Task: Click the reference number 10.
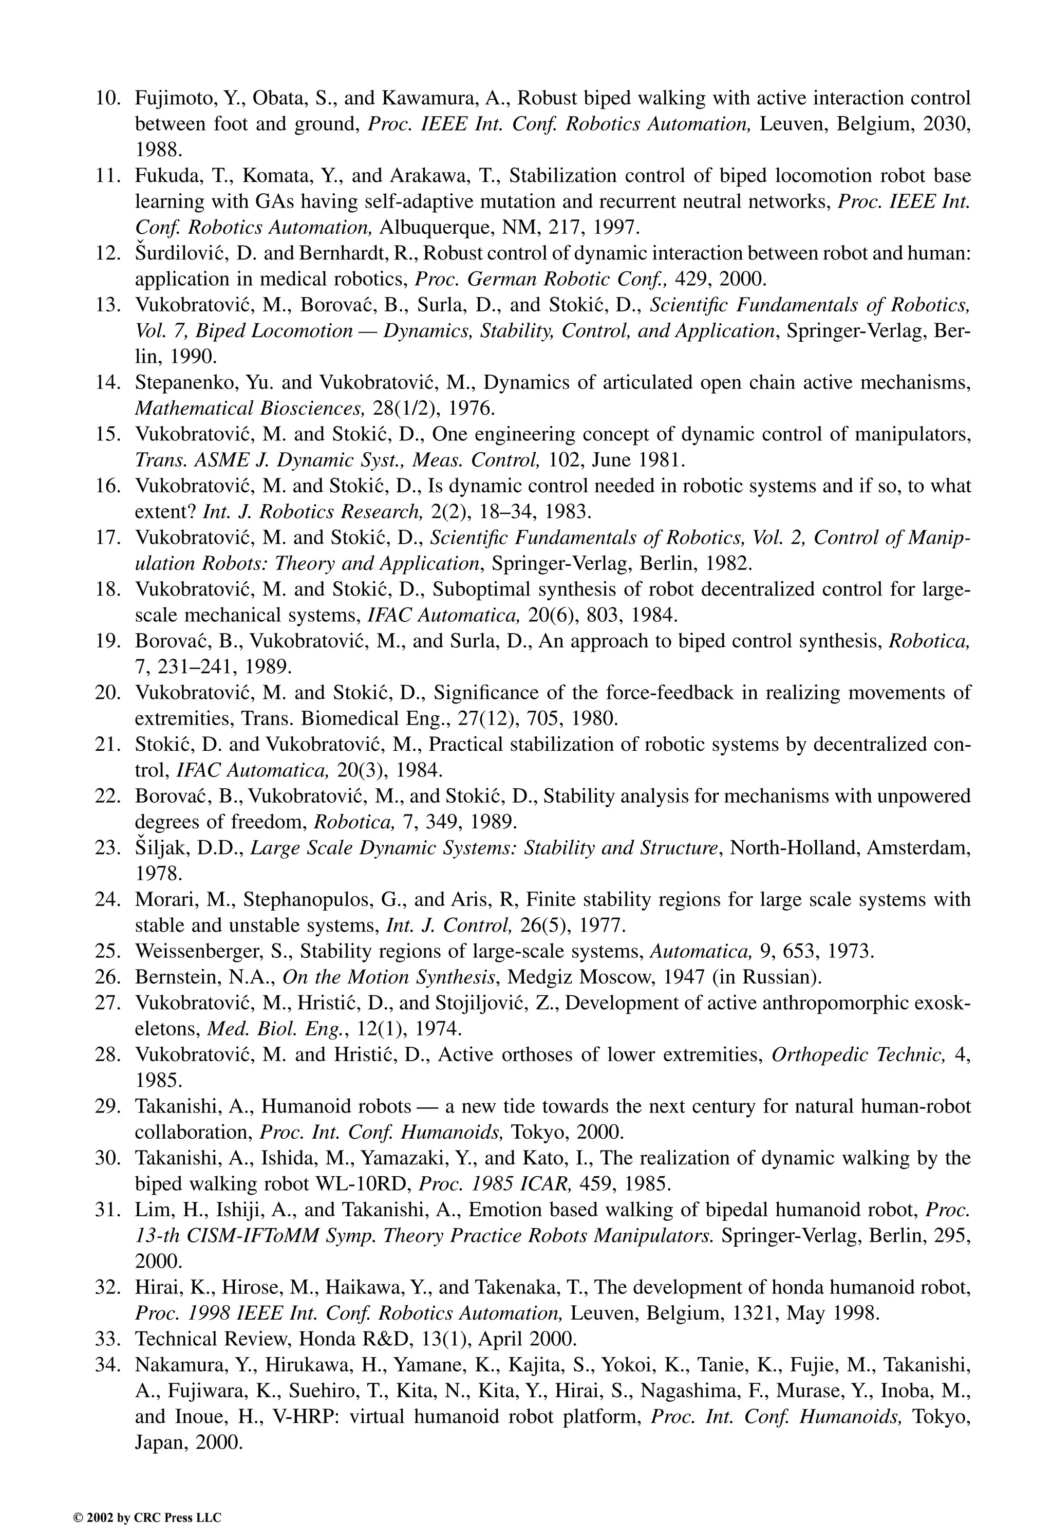click(x=107, y=98)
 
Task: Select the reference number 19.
click(x=107, y=641)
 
